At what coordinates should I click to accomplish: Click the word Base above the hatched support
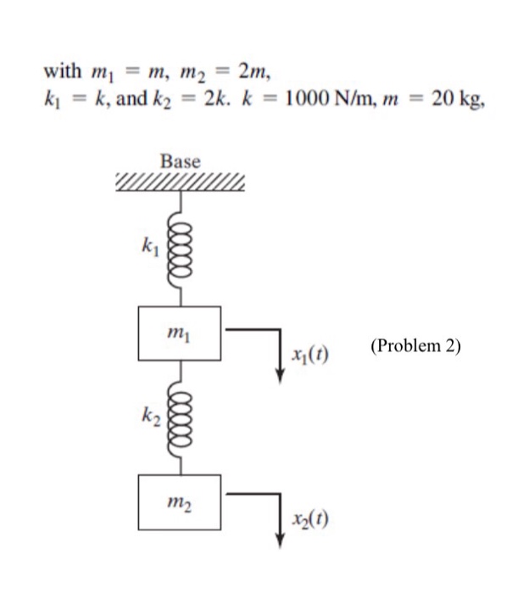180,160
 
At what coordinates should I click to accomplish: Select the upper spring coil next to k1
180,251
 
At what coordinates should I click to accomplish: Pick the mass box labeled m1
180,332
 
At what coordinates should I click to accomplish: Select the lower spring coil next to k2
180,416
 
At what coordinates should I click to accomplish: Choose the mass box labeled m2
180,502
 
